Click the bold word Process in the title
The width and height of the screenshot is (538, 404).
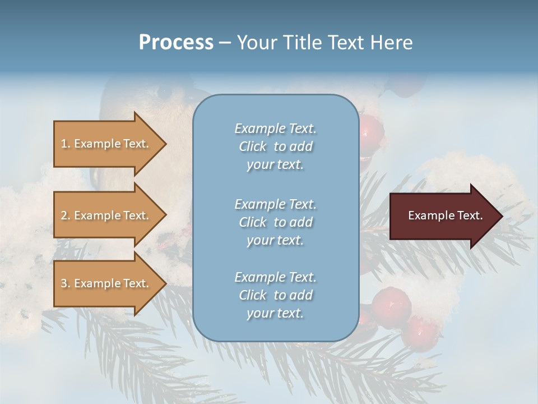click(x=176, y=43)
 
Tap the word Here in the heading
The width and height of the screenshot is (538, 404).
click(x=392, y=43)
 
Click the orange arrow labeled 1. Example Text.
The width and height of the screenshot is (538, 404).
click(x=106, y=144)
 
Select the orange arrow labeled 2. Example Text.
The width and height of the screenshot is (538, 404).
click(x=106, y=215)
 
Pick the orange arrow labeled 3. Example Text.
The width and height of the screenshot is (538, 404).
click(x=106, y=283)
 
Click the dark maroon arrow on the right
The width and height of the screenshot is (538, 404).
click(x=443, y=216)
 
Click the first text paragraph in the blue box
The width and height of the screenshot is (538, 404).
click(x=275, y=146)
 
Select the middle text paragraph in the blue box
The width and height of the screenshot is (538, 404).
click(x=275, y=222)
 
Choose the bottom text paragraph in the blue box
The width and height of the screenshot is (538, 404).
click(x=275, y=295)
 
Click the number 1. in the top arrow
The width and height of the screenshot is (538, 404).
click(x=66, y=144)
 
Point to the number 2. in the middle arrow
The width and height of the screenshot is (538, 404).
click(x=66, y=215)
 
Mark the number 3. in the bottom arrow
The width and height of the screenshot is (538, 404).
click(x=66, y=283)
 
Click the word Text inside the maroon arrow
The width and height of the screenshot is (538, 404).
click(x=470, y=215)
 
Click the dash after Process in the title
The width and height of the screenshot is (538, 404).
click(x=225, y=43)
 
